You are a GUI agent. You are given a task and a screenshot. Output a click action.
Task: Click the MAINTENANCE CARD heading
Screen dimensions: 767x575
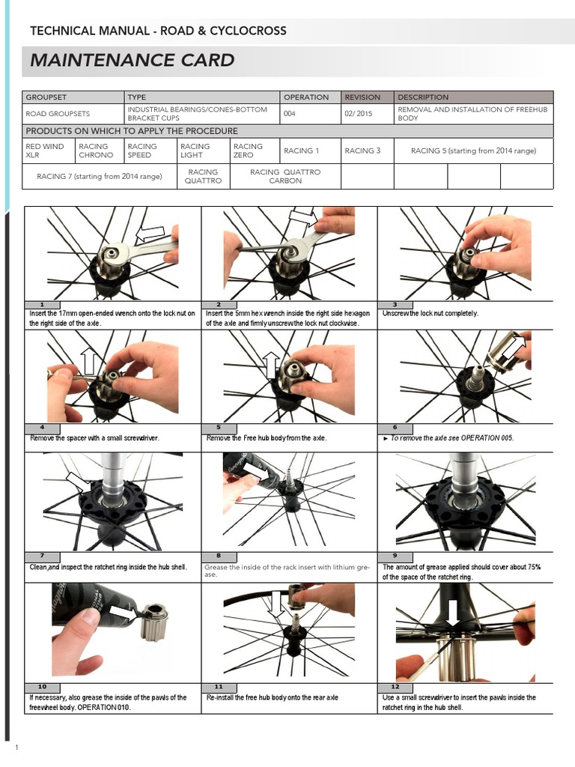(x=133, y=61)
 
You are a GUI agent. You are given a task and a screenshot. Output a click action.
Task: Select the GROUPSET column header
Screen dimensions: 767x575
(x=47, y=97)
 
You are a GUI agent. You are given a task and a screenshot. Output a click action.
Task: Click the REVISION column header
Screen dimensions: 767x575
(x=362, y=97)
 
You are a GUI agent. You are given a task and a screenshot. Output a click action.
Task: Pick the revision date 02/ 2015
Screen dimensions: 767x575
(x=358, y=114)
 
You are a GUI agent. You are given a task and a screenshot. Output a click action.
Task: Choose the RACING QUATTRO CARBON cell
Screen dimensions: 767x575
(x=285, y=176)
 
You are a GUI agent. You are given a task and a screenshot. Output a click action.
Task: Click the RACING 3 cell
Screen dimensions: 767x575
(x=362, y=151)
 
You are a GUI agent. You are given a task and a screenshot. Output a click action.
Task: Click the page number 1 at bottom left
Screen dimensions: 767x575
(x=16, y=748)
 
